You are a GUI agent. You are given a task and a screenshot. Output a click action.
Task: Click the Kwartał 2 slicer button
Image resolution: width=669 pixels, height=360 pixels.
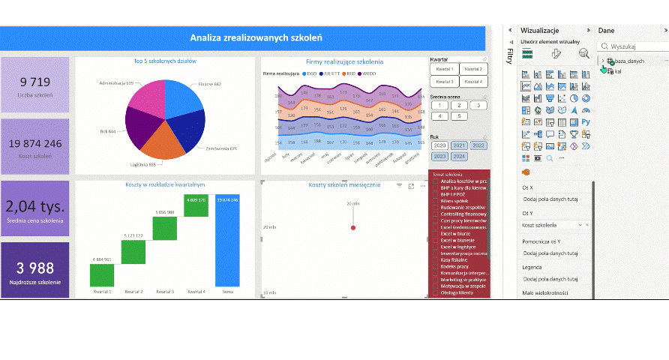coord(472,69)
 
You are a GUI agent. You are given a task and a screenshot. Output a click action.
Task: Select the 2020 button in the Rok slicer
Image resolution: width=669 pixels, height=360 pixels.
coord(439,145)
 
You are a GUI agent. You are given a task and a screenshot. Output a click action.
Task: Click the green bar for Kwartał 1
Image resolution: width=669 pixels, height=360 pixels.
coord(101,274)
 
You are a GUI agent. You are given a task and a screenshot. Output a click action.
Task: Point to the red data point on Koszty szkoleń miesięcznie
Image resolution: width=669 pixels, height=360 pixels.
coord(353,226)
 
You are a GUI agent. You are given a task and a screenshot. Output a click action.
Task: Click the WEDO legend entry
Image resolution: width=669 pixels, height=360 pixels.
coord(369,74)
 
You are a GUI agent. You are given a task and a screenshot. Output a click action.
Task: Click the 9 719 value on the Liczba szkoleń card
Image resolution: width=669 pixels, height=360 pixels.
coord(34,82)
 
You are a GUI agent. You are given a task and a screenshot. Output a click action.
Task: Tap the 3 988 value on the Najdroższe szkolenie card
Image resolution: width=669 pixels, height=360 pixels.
coord(34,268)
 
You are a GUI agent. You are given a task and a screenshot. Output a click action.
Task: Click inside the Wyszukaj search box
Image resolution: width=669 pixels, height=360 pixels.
coord(634,46)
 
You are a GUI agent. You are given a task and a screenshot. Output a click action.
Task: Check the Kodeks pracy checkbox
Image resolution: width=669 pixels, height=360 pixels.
coord(436,267)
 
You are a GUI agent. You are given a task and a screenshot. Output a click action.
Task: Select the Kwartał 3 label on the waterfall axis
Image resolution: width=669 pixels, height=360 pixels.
coord(166,291)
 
